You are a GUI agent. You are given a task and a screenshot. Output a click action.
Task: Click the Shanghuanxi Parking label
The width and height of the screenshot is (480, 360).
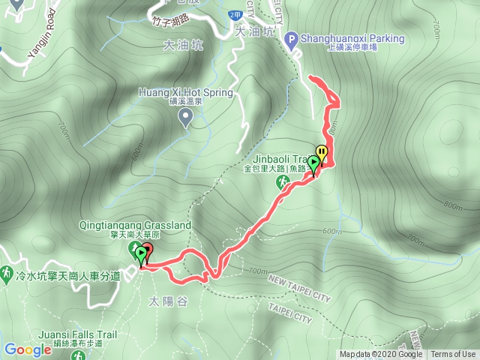coord(352,38)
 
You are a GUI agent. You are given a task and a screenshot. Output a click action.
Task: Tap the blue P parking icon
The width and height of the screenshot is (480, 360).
coord(292,38)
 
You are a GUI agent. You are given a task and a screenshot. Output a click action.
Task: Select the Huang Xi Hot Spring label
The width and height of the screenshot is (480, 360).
coord(186,93)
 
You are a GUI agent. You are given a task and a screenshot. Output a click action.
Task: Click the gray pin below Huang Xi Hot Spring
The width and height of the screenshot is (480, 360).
coord(186,116)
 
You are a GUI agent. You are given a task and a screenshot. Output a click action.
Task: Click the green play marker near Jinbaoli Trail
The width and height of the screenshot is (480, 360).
coord(313,162)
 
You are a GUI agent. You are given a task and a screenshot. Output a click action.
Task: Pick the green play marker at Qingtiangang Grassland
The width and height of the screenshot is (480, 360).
coord(140,256)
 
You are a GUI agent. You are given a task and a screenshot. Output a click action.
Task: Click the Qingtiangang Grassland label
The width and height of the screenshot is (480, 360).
coord(135,225)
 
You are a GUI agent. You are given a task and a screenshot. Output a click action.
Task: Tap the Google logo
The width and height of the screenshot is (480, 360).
coord(28,349)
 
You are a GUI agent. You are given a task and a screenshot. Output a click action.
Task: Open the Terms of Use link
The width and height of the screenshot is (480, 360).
coord(453,355)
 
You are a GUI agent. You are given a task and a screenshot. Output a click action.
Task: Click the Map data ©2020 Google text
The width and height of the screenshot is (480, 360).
coord(381,355)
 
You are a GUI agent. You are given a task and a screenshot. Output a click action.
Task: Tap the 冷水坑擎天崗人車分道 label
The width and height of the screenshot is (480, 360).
coord(70,276)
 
